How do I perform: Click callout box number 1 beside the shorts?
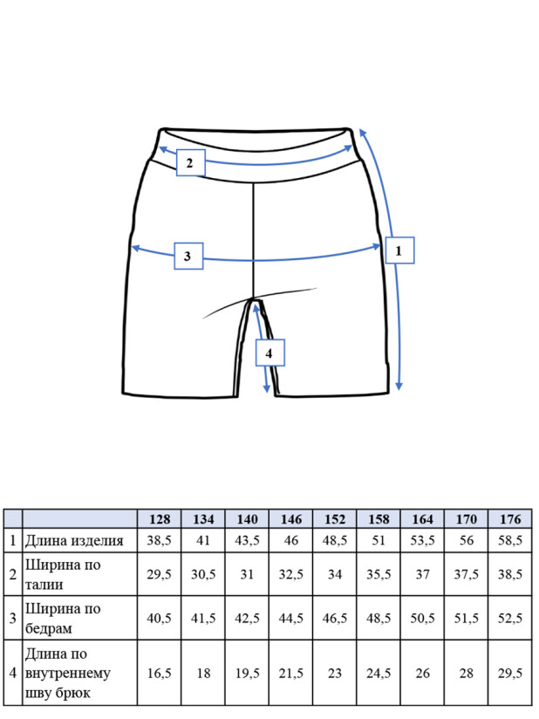399,250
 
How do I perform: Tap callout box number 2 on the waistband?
190,162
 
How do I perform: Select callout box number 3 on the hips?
188,256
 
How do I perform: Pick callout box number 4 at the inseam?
270,353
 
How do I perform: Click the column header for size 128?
159,519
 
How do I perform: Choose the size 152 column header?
335,519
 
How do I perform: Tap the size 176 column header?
510,519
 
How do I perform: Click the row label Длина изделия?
74,541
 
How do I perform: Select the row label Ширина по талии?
63,574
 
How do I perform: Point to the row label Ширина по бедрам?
63,618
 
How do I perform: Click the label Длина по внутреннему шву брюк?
68,673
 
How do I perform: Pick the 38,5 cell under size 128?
159,540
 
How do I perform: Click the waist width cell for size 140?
247,574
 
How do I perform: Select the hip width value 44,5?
291,618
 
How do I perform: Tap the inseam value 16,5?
159,673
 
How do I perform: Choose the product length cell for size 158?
379,540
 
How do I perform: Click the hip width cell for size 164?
422,618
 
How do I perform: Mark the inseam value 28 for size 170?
466,673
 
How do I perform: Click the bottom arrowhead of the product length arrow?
399,386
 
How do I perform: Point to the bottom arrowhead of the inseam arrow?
267,388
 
